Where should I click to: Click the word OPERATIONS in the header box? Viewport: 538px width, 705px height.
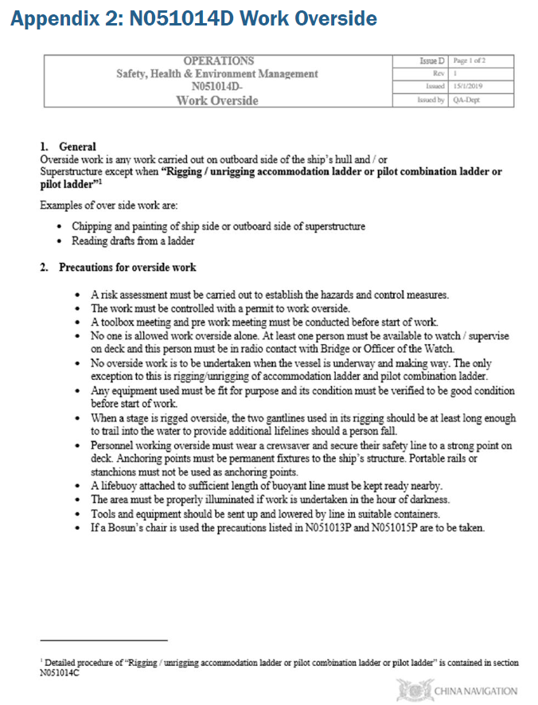click(218, 61)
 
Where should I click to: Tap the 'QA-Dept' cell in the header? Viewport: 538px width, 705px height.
click(466, 100)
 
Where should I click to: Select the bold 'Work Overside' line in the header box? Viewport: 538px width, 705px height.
click(217, 100)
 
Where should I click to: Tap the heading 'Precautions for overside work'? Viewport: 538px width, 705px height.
click(127, 268)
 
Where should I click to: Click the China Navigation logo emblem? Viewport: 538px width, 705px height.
click(412, 689)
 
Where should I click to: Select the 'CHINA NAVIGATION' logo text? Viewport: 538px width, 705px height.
click(475, 691)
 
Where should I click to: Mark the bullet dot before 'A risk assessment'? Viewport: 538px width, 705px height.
click(80, 295)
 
